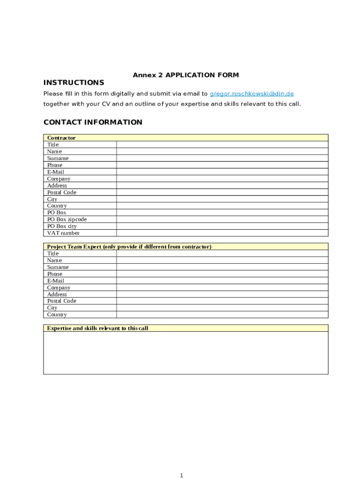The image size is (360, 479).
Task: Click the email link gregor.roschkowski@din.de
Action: point(252,94)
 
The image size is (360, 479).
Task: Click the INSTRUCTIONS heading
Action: point(73,83)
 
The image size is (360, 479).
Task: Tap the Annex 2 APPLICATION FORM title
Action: point(186,75)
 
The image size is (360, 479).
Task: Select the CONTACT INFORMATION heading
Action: point(93,123)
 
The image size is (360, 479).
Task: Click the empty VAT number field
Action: point(222,233)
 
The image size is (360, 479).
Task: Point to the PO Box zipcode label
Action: point(67,219)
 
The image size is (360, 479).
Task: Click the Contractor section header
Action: point(61,138)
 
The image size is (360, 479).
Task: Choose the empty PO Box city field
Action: point(222,226)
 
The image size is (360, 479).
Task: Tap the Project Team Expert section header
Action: point(129,247)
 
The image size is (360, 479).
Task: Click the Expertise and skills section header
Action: point(97,328)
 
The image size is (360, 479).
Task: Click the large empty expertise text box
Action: point(186,353)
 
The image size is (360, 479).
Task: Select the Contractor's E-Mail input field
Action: point(222,172)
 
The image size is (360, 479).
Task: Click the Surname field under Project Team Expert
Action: point(222,267)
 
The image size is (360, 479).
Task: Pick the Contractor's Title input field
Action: point(222,145)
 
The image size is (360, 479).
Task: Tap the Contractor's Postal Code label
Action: point(61,192)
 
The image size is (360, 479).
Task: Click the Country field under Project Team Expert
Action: point(222,315)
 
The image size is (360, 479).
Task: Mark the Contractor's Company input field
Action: point(222,179)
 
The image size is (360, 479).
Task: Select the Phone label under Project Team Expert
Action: point(55,274)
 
